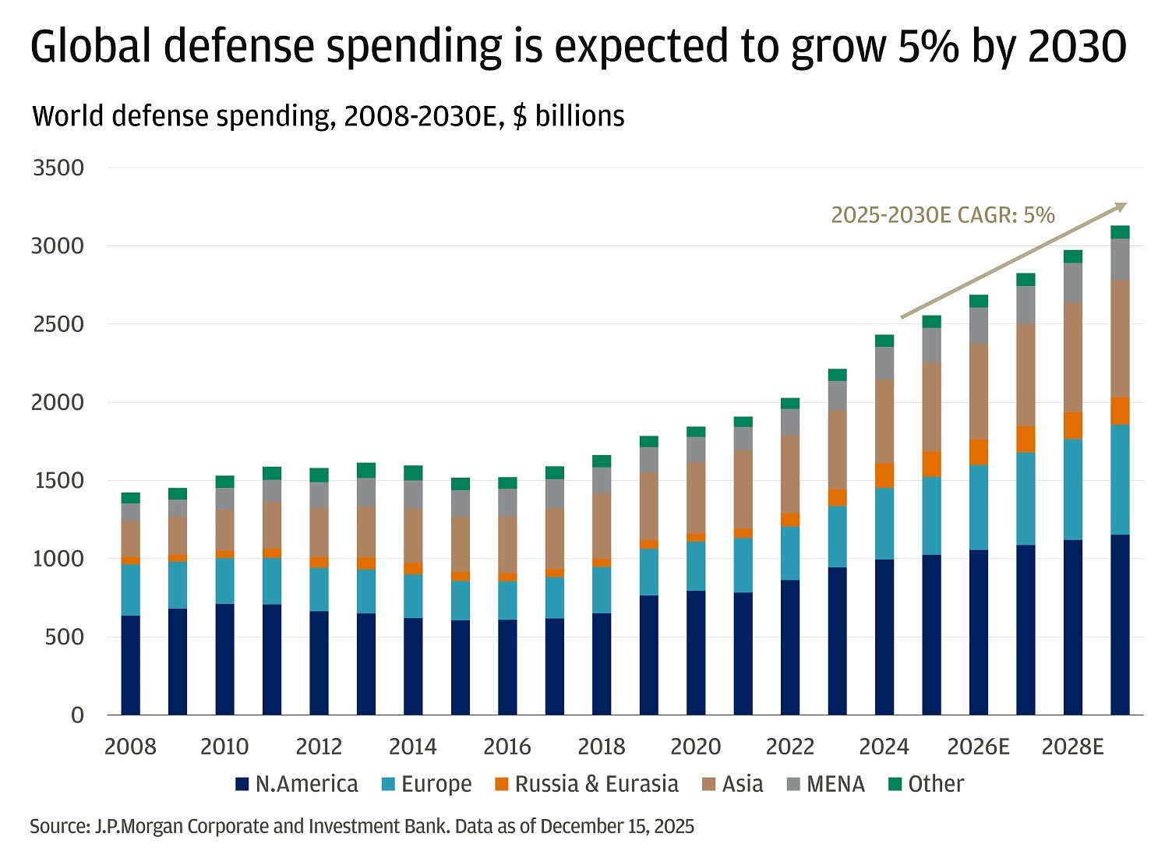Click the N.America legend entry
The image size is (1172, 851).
tap(297, 784)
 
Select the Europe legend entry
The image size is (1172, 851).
tap(427, 784)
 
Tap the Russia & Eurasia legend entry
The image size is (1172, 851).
tap(587, 784)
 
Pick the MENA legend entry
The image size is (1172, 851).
tap(825, 784)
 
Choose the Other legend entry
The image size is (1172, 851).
tap(927, 784)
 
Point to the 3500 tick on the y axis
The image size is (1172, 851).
tap(58, 168)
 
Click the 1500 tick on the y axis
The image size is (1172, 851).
tap(58, 481)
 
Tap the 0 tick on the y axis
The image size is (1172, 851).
tap(76, 715)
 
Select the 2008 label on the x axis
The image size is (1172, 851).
tap(130, 747)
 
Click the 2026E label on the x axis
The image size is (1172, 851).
tap(978, 747)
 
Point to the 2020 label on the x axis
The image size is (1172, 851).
tap(695, 747)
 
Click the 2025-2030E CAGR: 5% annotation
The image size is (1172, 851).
tap(943, 215)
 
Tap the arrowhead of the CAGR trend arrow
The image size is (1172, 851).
tap(1122, 206)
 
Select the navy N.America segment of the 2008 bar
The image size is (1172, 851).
tap(131, 665)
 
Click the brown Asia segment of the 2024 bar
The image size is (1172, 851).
tap(884, 421)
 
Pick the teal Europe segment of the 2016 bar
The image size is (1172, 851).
tap(507, 600)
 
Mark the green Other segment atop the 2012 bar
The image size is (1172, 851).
tap(319, 475)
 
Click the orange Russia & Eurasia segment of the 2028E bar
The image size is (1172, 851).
tap(1073, 425)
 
